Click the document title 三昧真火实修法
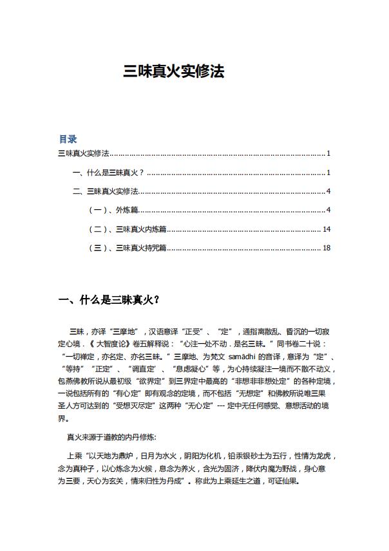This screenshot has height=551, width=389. coord(174,71)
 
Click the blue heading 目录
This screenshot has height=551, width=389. coord(68,139)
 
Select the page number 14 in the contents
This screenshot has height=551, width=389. coord(327,229)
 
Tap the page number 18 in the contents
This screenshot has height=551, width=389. coord(327,248)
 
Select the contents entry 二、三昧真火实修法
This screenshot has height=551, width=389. coord(106,191)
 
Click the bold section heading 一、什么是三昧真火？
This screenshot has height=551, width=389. coord(109,300)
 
